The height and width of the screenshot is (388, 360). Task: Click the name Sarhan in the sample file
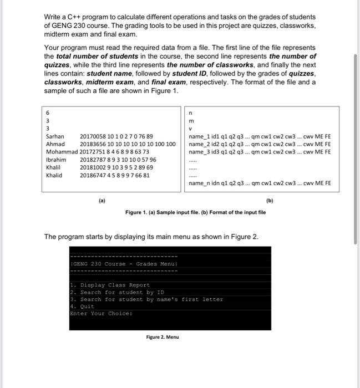(55, 136)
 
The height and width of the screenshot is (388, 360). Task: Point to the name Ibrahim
(56, 159)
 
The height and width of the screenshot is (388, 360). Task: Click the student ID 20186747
(94, 175)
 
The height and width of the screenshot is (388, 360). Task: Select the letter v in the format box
(190, 128)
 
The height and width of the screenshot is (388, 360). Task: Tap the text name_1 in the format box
(198, 136)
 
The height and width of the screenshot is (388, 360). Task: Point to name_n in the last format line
(199, 182)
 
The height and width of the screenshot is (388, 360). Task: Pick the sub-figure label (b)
(270, 201)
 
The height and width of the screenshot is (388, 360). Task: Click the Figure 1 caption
(195, 212)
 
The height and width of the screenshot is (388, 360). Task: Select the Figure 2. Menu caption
(162, 337)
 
